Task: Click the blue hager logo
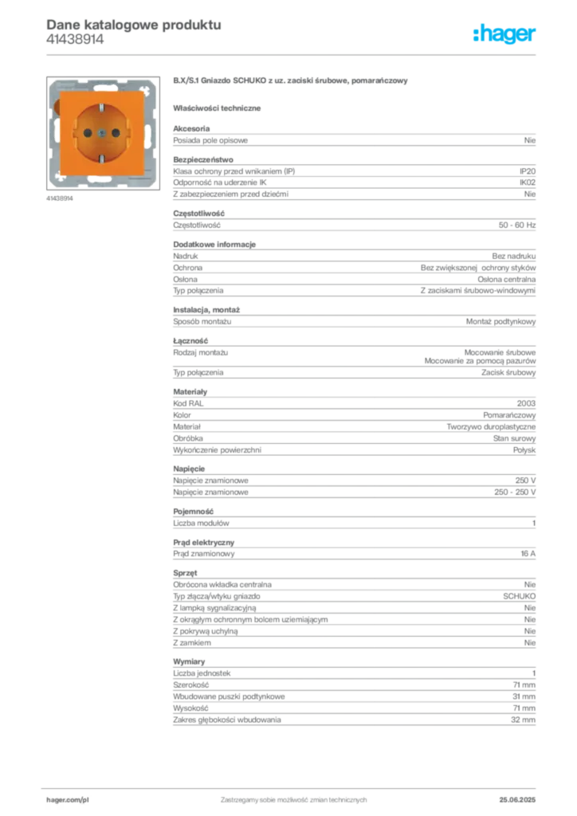505,33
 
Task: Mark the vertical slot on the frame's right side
151,132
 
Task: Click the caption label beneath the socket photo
61,198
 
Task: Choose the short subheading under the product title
220,108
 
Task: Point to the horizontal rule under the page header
293,54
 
